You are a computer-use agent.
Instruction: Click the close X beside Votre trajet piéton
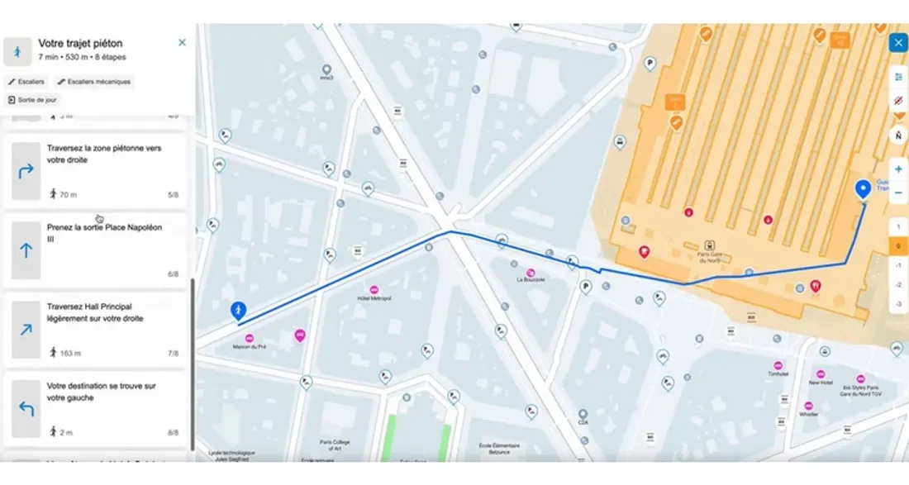click(182, 42)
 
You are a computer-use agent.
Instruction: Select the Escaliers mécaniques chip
click(94, 82)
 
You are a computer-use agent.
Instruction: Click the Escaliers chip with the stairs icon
click(26, 82)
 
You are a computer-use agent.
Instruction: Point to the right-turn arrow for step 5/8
click(26, 171)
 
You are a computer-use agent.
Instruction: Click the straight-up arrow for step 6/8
click(26, 250)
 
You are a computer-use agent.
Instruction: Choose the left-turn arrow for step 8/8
click(26, 408)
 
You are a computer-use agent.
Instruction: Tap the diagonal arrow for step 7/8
click(26, 330)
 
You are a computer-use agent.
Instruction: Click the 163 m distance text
click(70, 353)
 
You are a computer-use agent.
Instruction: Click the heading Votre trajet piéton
click(80, 43)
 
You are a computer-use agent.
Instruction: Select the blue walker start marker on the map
click(238, 311)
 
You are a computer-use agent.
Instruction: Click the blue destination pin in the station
click(864, 189)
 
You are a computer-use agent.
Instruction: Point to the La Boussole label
click(531, 279)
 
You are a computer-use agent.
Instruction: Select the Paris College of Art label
click(336, 445)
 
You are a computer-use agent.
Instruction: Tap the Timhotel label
click(778, 373)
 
